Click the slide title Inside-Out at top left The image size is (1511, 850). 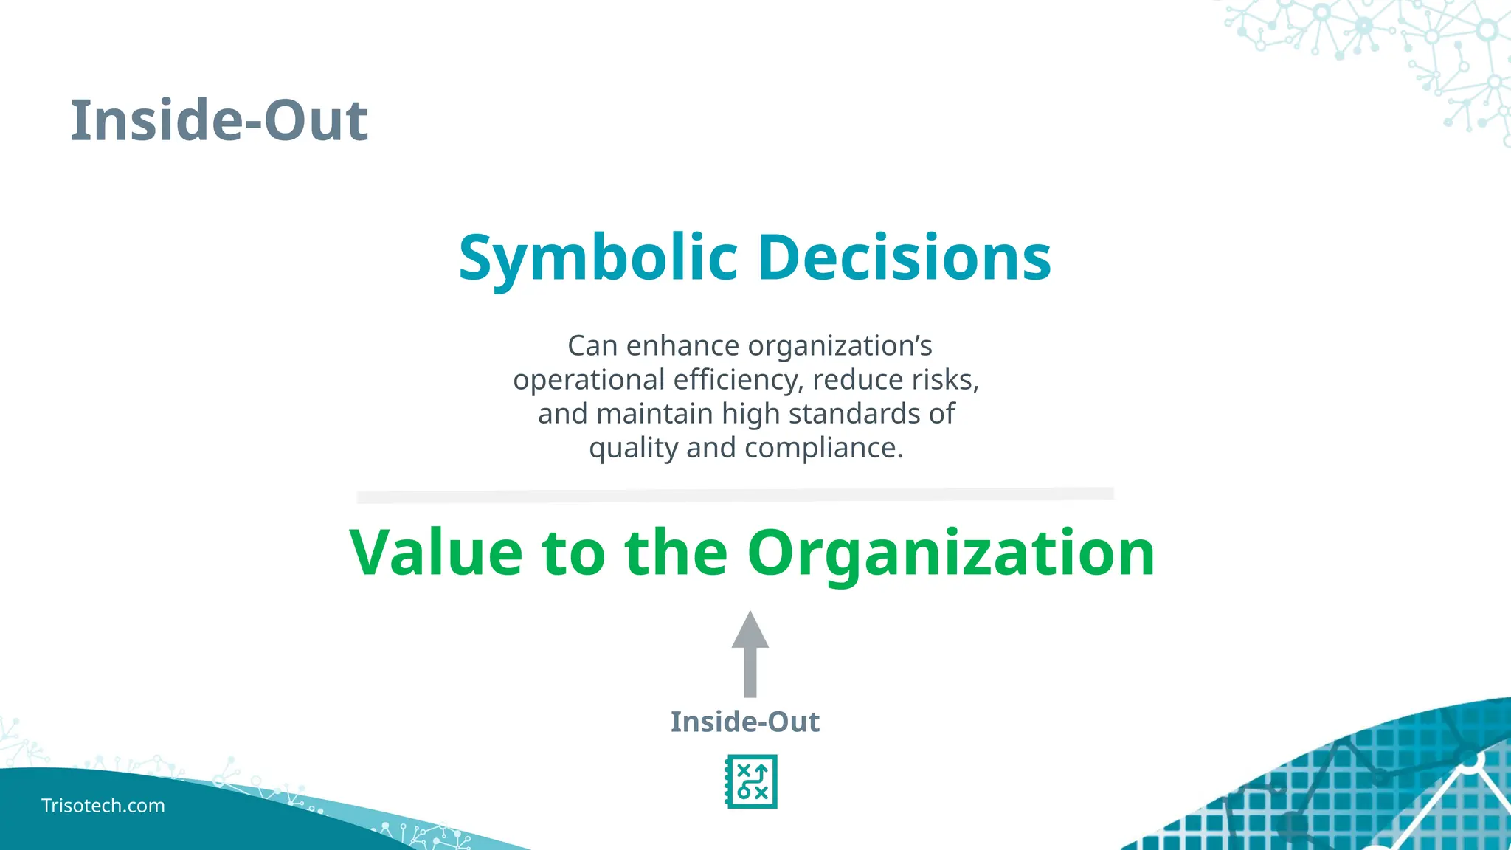(219, 120)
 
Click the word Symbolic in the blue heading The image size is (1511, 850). (598, 258)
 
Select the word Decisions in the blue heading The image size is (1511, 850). (905, 258)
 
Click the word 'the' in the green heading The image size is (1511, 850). (675, 553)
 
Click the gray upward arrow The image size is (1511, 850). (750, 654)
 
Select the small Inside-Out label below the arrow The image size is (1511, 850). (744, 722)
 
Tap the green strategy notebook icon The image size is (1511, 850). (751, 781)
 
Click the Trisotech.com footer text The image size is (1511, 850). (103, 806)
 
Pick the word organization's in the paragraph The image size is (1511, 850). (840, 346)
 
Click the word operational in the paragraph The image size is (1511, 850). (589, 380)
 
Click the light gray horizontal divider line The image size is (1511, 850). (735, 495)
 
